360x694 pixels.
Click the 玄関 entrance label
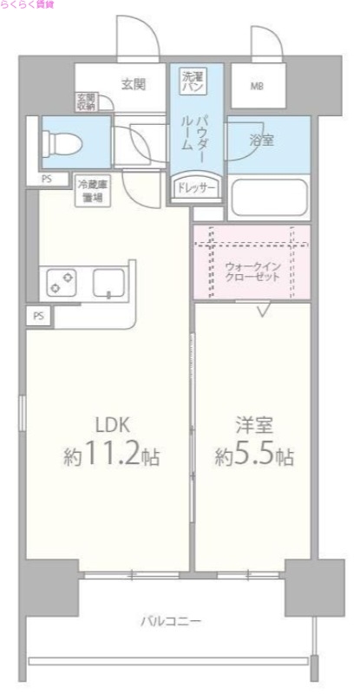click(x=132, y=84)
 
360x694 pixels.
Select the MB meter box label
click(x=258, y=86)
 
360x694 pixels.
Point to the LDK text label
click(x=112, y=424)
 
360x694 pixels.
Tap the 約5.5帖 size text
click(x=253, y=455)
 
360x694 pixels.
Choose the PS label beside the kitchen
click(x=38, y=317)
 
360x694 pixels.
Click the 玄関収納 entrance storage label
click(x=85, y=102)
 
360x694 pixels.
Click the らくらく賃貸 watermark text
click(x=27, y=5)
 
